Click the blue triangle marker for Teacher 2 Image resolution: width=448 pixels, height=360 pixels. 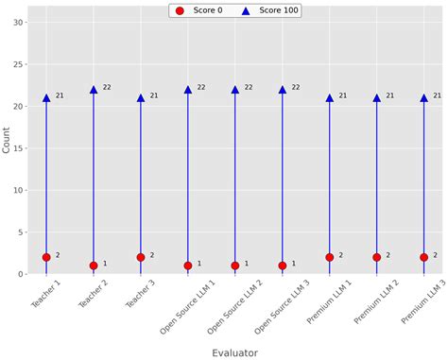(94, 90)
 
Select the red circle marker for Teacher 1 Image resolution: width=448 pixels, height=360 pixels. (46, 257)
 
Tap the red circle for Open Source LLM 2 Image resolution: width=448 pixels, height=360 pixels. (235, 266)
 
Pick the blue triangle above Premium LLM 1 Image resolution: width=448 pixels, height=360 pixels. (330, 97)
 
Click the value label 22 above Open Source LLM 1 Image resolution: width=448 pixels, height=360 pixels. (201, 88)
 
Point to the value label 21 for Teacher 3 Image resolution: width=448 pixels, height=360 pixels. (154, 95)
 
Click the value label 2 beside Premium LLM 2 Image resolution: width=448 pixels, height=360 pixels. (388, 255)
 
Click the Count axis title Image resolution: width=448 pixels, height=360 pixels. (7, 140)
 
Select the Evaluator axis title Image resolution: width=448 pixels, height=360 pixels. (234, 352)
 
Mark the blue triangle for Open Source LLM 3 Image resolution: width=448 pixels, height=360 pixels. (283, 90)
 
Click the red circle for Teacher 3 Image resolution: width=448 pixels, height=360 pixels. (141, 257)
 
